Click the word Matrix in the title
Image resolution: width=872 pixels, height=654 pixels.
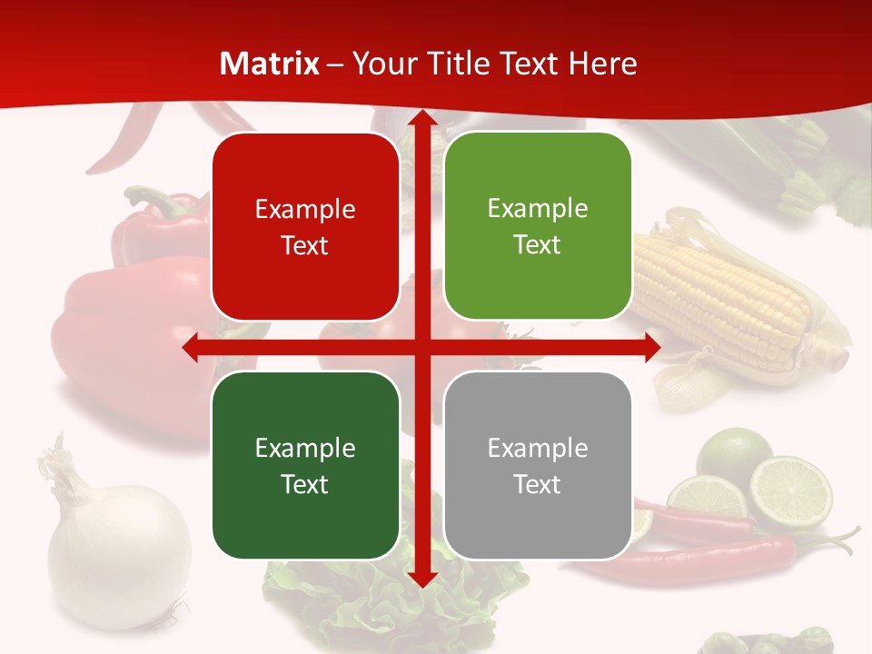pyautogui.click(x=270, y=64)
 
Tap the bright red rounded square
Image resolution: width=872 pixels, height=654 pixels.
pyautogui.click(x=305, y=227)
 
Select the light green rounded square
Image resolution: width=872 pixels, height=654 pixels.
pyautogui.click(x=538, y=226)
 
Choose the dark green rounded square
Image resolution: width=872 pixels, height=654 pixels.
pyautogui.click(x=305, y=465)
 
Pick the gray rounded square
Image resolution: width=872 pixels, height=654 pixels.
pyautogui.click(x=538, y=465)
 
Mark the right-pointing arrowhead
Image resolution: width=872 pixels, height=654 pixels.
pyautogui.click(x=652, y=348)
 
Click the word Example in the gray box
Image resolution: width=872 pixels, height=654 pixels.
pyautogui.click(x=538, y=448)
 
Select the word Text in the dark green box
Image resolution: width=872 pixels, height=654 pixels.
pyautogui.click(x=305, y=484)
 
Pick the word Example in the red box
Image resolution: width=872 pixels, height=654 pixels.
pyautogui.click(x=305, y=210)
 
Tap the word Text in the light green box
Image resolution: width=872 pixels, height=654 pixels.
pyautogui.click(x=538, y=245)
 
